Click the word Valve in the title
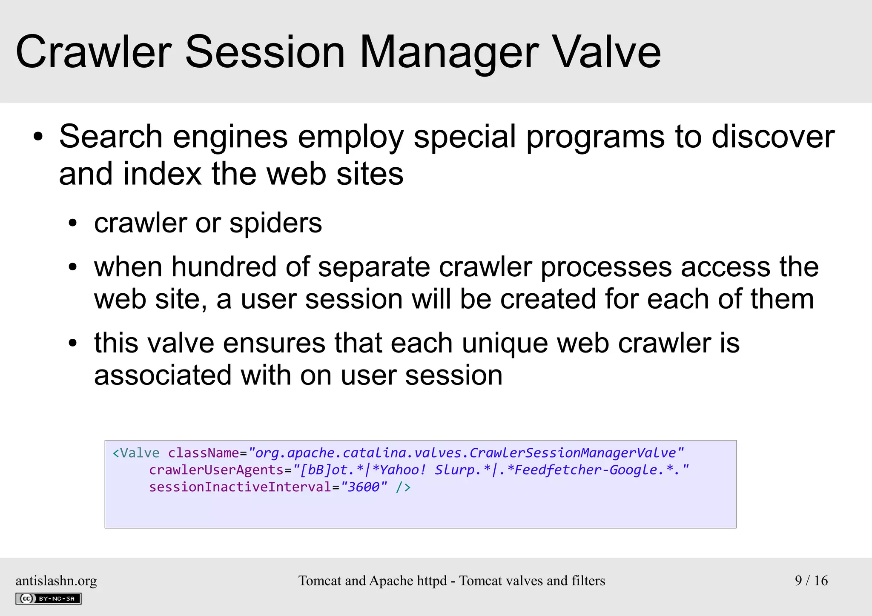pyautogui.click(x=606, y=52)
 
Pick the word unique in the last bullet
pyautogui.click(x=505, y=343)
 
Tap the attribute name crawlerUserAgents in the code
pyautogui.click(x=216, y=470)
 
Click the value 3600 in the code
pyautogui.click(x=363, y=487)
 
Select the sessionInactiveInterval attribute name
pyautogui.click(x=240, y=487)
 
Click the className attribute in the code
pyautogui.click(x=204, y=453)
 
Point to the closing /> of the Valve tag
pyautogui.click(x=403, y=487)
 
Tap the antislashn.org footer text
pyautogui.click(x=56, y=581)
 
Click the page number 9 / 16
pyautogui.click(x=811, y=581)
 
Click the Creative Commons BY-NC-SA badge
pyautogui.click(x=48, y=599)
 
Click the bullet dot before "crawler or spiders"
pyautogui.click(x=73, y=223)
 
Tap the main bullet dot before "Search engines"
pyautogui.click(x=38, y=137)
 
